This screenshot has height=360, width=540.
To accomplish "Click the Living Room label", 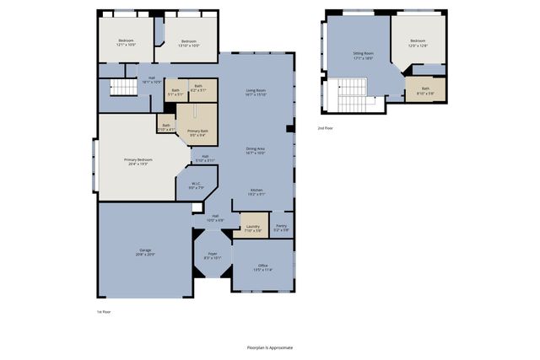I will pos(256,92).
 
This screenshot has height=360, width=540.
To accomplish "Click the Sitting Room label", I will pos(363,56).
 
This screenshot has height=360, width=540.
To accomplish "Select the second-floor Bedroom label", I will pos(418,43).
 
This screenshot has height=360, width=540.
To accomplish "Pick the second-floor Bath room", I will pos(425,90).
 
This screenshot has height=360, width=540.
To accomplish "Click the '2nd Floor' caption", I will pos(325,128).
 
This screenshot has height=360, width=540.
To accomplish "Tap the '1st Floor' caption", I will pos(104,312).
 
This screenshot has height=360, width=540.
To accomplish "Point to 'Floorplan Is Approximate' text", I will pos(270,347).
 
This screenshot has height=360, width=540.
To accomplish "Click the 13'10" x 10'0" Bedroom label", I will pos(188,43).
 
